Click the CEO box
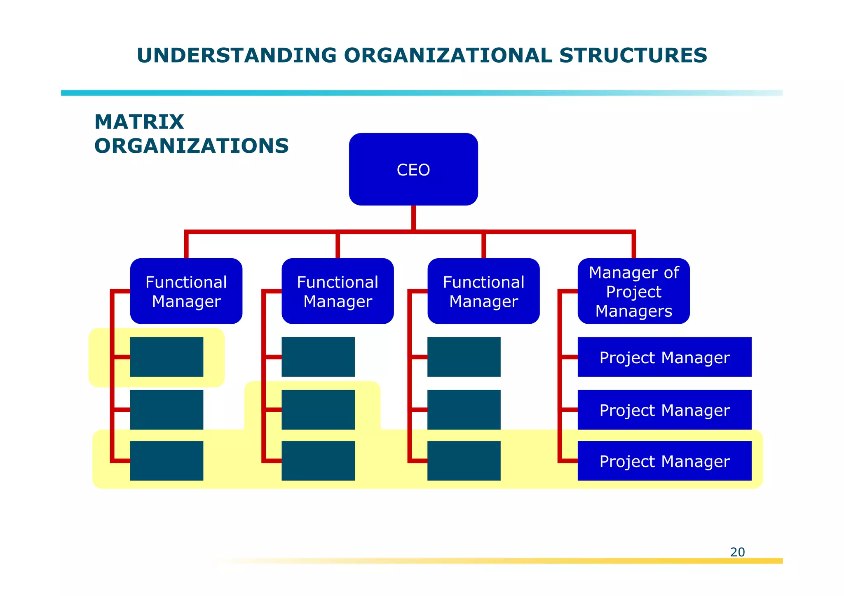(x=413, y=169)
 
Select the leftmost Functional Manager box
(x=186, y=291)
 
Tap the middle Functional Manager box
(x=338, y=291)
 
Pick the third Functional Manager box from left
(x=483, y=291)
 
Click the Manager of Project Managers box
(x=633, y=291)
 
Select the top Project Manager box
(x=664, y=357)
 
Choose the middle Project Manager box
(x=664, y=410)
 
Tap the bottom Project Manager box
(x=664, y=461)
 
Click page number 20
(x=737, y=552)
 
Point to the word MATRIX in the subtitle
(x=139, y=122)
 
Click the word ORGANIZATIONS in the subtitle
(x=192, y=146)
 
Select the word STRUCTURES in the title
(x=633, y=55)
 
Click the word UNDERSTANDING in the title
(x=237, y=55)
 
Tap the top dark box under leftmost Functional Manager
(x=166, y=357)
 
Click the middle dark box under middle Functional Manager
(x=318, y=410)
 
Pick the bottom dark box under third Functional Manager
(x=464, y=461)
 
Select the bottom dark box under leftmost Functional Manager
(x=166, y=461)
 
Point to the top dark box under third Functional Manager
(x=464, y=357)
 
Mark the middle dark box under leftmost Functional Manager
(x=166, y=410)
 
